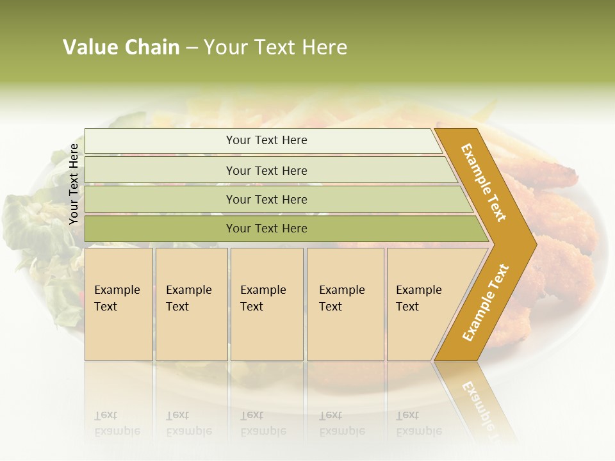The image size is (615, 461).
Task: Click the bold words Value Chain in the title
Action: point(121,47)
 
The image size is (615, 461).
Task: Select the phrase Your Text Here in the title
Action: point(275,47)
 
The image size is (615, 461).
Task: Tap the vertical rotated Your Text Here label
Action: point(74,184)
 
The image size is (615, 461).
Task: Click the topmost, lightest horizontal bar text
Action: point(266,140)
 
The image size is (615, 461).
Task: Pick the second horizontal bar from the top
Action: point(266,170)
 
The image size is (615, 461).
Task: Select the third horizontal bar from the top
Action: point(266,199)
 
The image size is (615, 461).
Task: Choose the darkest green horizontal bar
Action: point(266,229)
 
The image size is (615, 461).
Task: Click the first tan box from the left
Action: point(119,304)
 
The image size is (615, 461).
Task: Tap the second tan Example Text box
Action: point(191,304)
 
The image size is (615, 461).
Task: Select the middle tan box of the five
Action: point(266,304)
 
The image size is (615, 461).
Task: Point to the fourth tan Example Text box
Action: point(345,304)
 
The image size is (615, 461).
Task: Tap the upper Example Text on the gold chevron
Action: point(484,182)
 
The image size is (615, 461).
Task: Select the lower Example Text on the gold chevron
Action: point(486,303)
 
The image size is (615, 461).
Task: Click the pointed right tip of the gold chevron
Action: point(533,244)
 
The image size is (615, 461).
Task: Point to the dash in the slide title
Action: point(192,48)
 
